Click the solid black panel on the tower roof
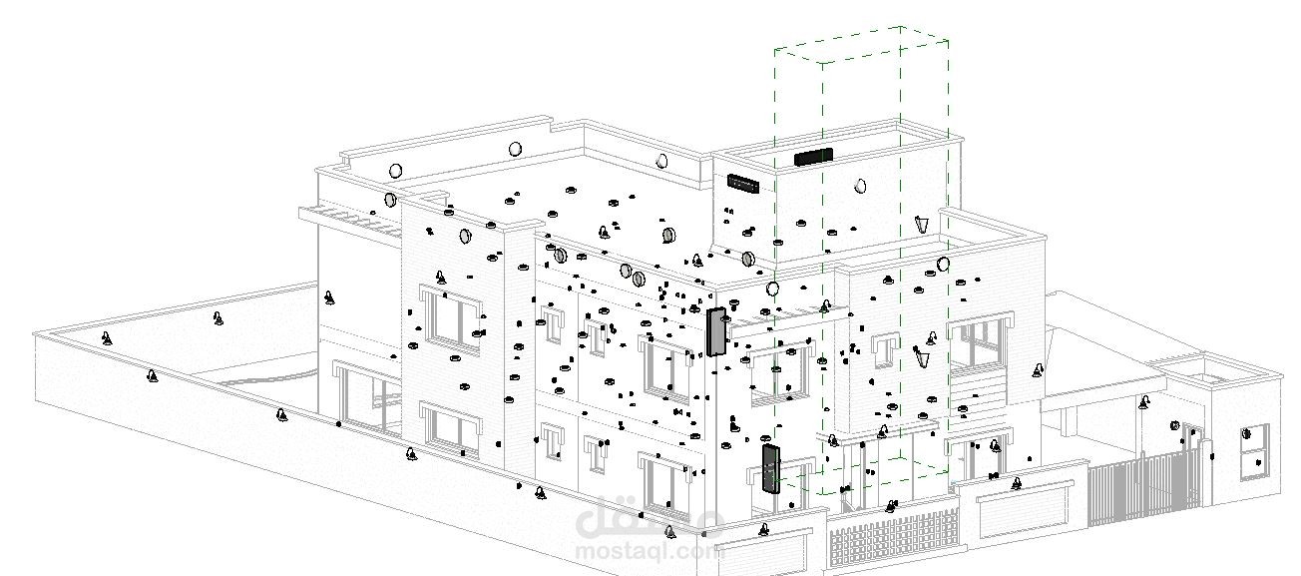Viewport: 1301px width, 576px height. pos(813,157)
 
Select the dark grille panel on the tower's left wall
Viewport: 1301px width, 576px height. pos(743,184)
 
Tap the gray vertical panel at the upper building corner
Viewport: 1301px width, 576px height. pos(716,331)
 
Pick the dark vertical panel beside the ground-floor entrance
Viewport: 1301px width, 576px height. pos(771,469)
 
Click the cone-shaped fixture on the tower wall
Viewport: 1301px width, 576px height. pos(921,225)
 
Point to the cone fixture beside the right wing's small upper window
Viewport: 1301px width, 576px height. pos(921,356)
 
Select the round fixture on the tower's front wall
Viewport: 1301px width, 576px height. pos(860,186)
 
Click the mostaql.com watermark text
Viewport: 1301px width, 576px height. pos(649,551)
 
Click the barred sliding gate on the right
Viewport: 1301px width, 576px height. pos(1143,487)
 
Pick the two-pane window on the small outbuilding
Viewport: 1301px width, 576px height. pos(1254,452)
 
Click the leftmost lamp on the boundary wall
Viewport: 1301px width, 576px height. pos(106,337)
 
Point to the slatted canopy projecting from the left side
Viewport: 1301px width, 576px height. pos(349,222)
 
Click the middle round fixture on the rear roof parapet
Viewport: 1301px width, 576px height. pos(515,150)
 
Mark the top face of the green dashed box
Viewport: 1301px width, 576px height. pos(861,44)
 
